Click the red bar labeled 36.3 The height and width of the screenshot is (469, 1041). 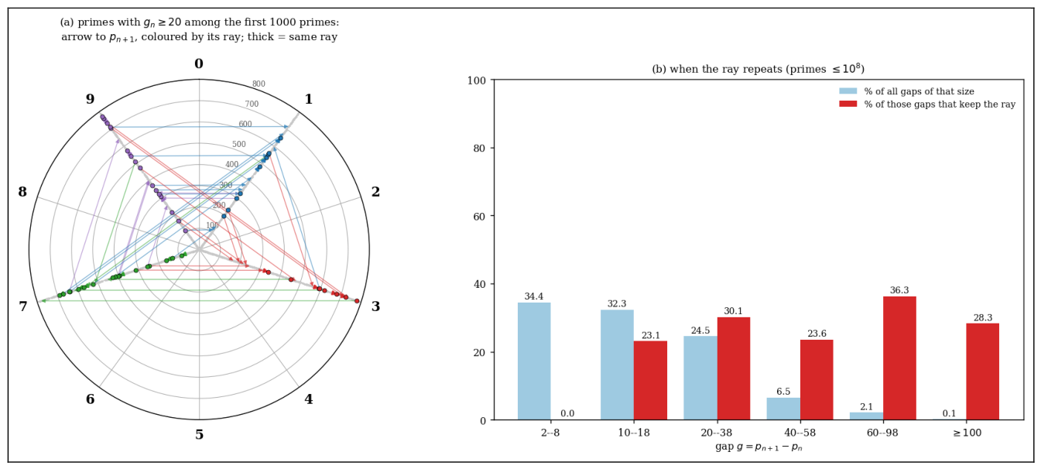pyautogui.click(x=899, y=358)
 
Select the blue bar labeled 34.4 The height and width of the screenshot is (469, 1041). pyautogui.click(x=534, y=361)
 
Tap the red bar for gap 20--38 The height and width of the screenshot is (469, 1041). pyautogui.click(x=734, y=368)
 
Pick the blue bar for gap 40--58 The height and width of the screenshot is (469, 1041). pyautogui.click(x=783, y=409)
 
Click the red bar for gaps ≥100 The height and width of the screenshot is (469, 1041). pyautogui.click(x=982, y=371)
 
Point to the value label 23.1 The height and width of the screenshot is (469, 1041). pyautogui.click(x=651, y=336)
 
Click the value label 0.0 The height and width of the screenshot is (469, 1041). pyautogui.click(x=567, y=413)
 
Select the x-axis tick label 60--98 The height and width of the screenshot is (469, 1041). pyautogui.click(x=882, y=433)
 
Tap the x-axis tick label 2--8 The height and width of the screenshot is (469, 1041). pyautogui.click(x=550, y=433)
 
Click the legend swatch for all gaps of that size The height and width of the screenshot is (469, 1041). pyautogui.click(x=848, y=91)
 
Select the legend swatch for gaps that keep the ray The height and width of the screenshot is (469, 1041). pyautogui.click(x=848, y=104)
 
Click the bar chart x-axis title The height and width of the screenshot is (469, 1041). pyautogui.click(x=758, y=447)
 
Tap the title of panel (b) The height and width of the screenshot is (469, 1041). pyautogui.click(x=758, y=69)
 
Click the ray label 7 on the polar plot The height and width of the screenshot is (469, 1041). pyautogui.click(x=22, y=306)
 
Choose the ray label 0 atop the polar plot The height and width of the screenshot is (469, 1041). pyautogui.click(x=199, y=63)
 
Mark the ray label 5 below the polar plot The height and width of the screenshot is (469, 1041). pyautogui.click(x=199, y=435)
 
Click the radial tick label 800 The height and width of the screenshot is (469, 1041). pyautogui.click(x=259, y=84)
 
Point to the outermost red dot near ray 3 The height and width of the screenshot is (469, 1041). pyautogui.click(x=357, y=301)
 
